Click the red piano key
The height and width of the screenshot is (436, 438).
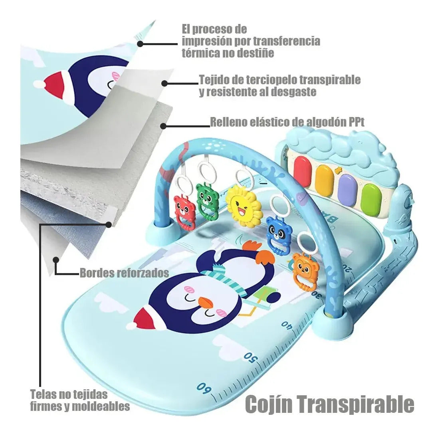point(302,170)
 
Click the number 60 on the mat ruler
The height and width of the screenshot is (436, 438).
point(204,388)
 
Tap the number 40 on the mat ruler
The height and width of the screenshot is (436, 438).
point(288,325)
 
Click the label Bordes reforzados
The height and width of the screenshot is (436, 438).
point(124,273)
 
